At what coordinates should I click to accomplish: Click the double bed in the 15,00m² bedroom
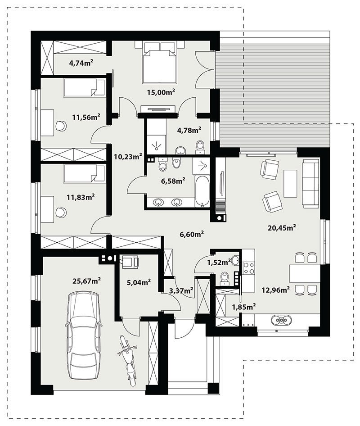click(160, 62)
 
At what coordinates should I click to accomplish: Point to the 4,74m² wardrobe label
click(81, 63)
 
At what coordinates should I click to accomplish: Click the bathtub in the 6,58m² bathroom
click(202, 191)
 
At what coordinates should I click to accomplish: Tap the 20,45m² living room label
click(282, 227)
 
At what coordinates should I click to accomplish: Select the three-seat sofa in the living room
click(311, 184)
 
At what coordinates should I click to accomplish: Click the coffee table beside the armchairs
click(290, 183)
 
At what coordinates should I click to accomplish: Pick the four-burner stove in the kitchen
click(249, 267)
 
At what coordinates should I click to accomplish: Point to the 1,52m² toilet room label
click(219, 262)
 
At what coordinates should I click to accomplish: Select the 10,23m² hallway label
click(128, 156)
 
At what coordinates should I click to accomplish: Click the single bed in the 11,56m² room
click(84, 87)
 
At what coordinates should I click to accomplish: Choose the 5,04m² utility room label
click(139, 282)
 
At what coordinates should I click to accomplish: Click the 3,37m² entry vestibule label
click(181, 291)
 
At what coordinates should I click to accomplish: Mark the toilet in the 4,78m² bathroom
click(200, 147)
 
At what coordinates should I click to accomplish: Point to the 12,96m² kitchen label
click(275, 290)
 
